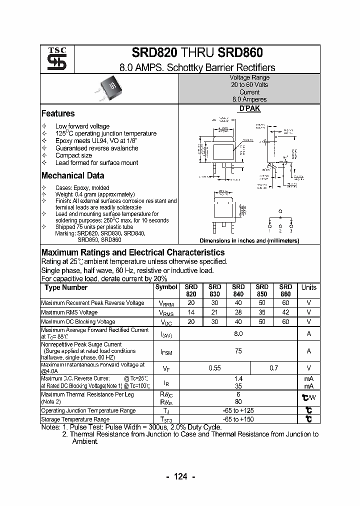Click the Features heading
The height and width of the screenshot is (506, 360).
coord(58,113)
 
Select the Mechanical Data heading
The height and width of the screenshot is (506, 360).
coord(72,175)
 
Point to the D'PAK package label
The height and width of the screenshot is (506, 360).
coord(249,108)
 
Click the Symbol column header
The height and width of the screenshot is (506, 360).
coord(166,287)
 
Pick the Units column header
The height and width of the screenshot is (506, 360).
coord(308,287)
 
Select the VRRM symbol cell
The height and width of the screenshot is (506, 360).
coord(166,303)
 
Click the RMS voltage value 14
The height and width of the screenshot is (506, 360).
coord(191,312)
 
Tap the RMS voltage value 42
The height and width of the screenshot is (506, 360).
coord(285,312)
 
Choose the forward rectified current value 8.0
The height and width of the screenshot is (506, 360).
coord(238,333)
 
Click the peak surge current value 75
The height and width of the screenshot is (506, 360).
coord(238,351)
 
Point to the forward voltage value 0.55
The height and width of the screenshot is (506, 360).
coord(214,368)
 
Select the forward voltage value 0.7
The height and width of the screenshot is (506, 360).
coord(273,368)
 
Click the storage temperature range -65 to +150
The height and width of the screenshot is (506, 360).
coord(238,419)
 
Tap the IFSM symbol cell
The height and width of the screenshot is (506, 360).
coord(166,352)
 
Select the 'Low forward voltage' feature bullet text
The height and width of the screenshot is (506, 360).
coord(82,126)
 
